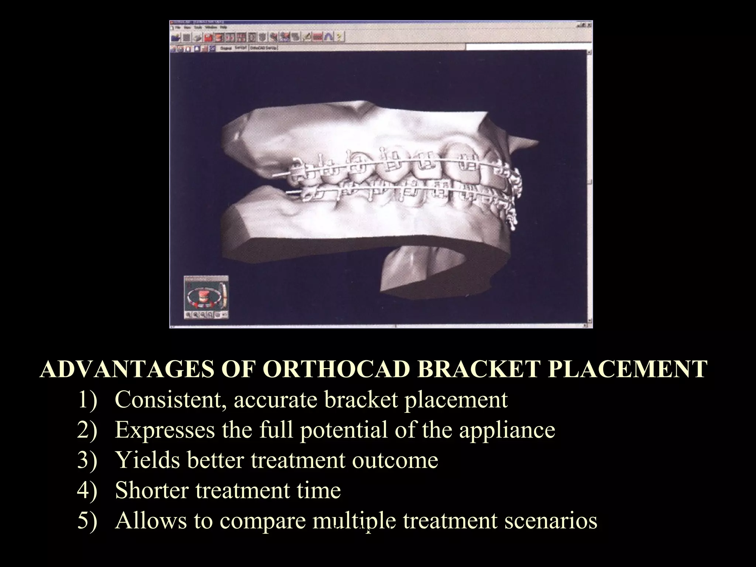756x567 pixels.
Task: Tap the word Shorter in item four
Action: pyautogui.click(x=152, y=490)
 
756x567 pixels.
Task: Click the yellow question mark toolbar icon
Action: pyautogui.click(x=339, y=37)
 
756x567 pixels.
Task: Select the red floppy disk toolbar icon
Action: pyautogui.click(x=208, y=37)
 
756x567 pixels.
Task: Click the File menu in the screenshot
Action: pyautogui.click(x=178, y=27)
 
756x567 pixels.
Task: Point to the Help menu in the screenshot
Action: pyautogui.click(x=223, y=27)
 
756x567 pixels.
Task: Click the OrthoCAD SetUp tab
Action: pyautogui.click(x=263, y=48)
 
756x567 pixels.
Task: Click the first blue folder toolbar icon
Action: pyautogui.click(x=175, y=37)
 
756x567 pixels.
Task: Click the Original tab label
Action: pyautogui.click(x=226, y=48)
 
